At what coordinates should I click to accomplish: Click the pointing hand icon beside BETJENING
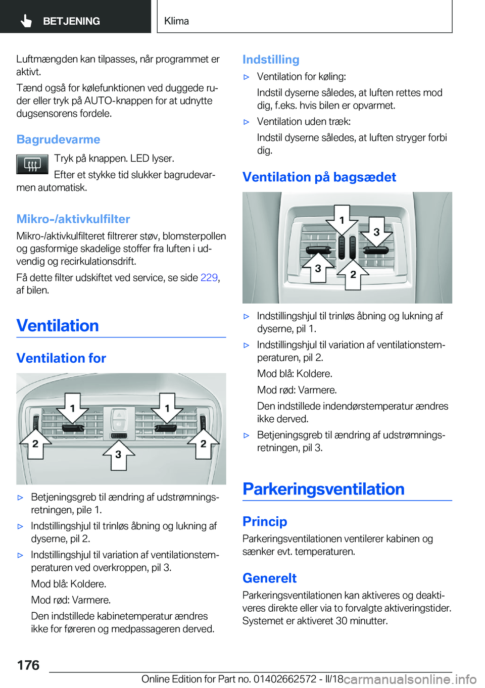click(26, 21)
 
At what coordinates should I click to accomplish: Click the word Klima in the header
click(176, 21)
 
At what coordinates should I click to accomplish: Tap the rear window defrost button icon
click(32, 164)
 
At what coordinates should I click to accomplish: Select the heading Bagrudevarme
click(58, 139)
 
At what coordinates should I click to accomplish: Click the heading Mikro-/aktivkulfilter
click(73, 219)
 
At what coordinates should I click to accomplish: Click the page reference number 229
click(209, 277)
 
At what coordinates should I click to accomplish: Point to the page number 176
click(28, 665)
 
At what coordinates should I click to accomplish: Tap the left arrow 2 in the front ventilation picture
click(35, 444)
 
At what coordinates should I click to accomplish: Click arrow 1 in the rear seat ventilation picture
click(342, 220)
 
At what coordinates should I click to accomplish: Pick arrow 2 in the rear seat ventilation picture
click(353, 274)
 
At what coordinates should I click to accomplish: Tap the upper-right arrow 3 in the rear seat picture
click(376, 232)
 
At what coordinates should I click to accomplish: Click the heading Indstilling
click(271, 60)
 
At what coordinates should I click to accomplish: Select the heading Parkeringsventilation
click(323, 489)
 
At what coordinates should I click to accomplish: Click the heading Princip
click(265, 521)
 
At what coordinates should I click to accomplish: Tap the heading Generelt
click(269, 578)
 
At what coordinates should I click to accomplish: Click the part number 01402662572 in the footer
click(285, 679)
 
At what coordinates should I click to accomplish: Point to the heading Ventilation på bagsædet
click(319, 177)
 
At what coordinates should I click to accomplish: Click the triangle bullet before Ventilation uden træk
click(247, 122)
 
